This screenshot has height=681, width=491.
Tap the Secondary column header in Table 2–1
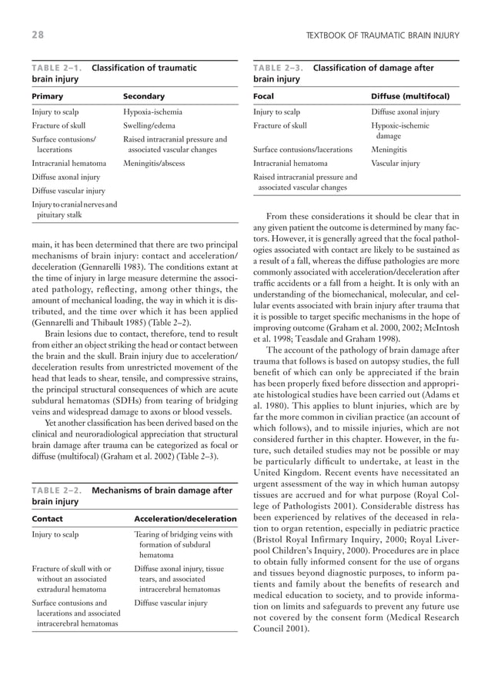pos(144,97)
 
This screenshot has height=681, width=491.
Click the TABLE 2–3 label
pos(279,68)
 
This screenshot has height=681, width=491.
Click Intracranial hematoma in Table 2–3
pos(290,164)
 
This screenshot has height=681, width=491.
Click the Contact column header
pos(48,519)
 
